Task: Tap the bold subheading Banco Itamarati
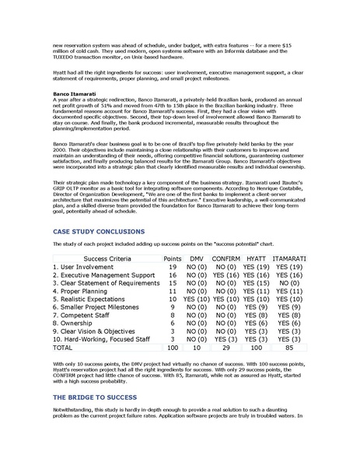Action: [x=76, y=94]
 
